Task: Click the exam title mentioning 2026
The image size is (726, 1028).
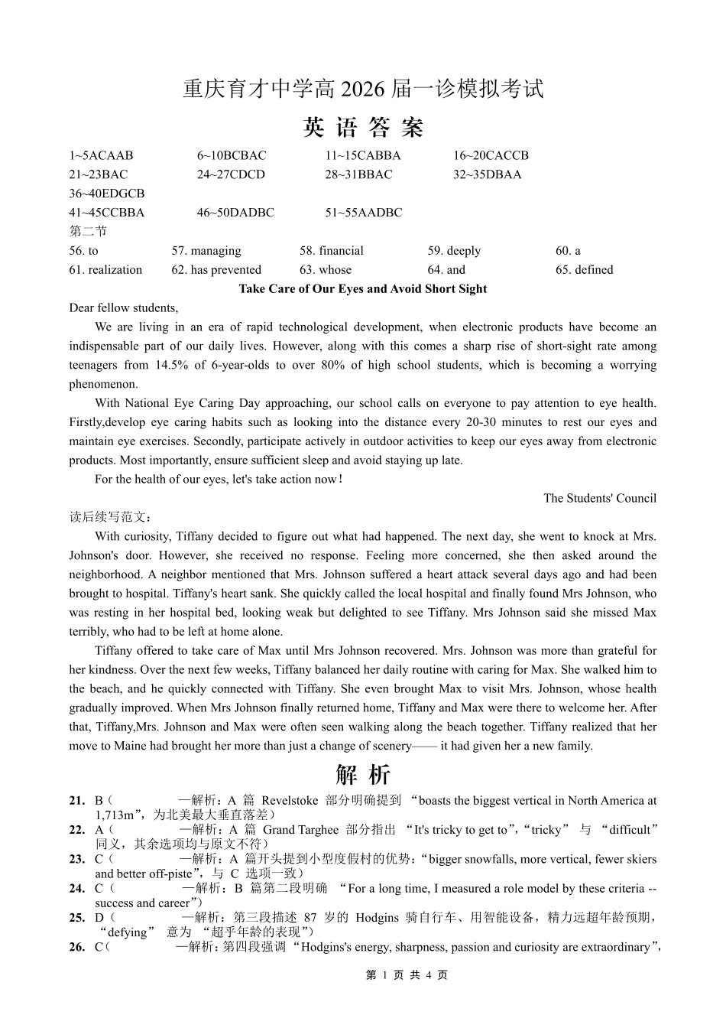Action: click(x=363, y=89)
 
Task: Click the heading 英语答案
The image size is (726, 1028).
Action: click(x=363, y=127)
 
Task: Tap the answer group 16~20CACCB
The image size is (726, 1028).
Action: click(x=490, y=155)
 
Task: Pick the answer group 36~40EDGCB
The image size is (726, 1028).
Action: click(x=106, y=194)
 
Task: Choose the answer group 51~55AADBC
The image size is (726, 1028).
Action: click(x=363, y=213)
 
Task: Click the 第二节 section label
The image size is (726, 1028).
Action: click(x=88, y=231)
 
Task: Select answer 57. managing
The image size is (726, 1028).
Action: click(x=206, y=251)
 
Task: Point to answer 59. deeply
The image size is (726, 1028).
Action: click(x=454, y=251)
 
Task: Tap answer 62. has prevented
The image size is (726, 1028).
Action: click(x=216, y=270)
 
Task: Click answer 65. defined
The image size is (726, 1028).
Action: click(x=584, y=270)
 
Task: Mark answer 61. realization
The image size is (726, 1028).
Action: click(x=105, y=270)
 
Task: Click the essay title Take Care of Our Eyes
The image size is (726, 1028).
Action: click(x=362, y=289)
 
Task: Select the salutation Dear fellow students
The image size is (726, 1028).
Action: click(x=123, y=308)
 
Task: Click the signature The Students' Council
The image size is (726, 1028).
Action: click(x=600, y=499)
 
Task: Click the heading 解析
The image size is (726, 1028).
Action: click(x=363, y=775)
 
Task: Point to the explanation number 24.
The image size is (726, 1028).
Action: click(x=76, y=889)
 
